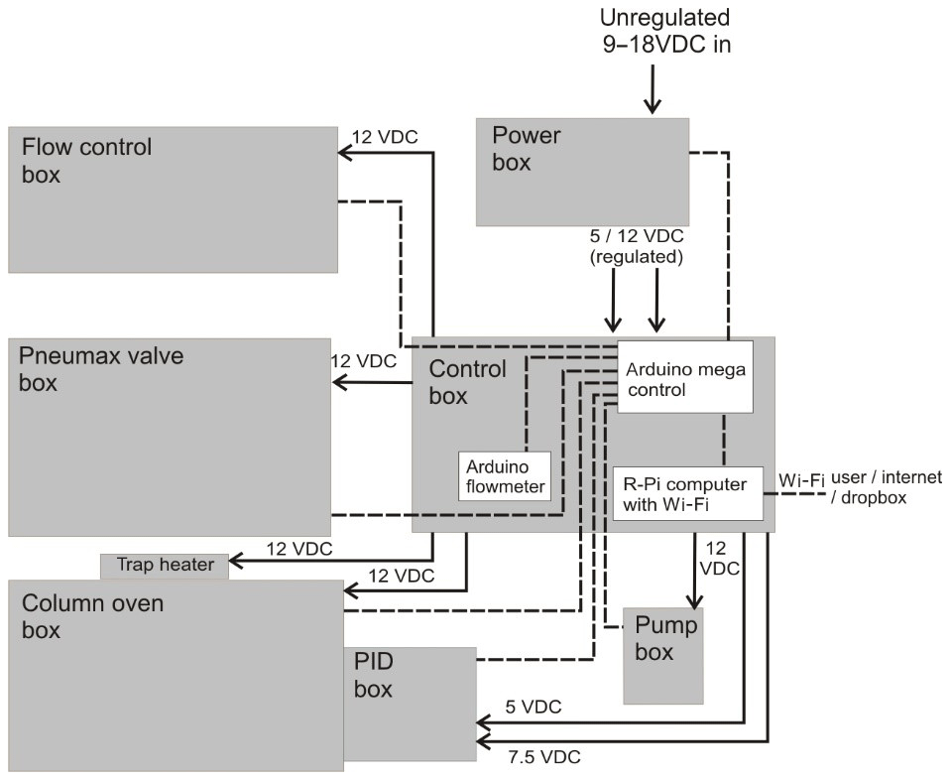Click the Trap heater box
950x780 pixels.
tap(165, 565)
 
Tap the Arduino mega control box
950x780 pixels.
tap(685, 378)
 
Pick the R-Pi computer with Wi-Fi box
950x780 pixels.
tap(688, 493)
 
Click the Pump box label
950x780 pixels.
tap(665, 638)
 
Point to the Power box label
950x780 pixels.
tap(526, 149)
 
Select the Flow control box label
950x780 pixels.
tap(87, 161)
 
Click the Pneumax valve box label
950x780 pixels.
tap(101, 368)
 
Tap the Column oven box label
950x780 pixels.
tap(93, 615)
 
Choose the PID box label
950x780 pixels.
tap(374, 675)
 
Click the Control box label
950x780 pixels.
tap(467, 382)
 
